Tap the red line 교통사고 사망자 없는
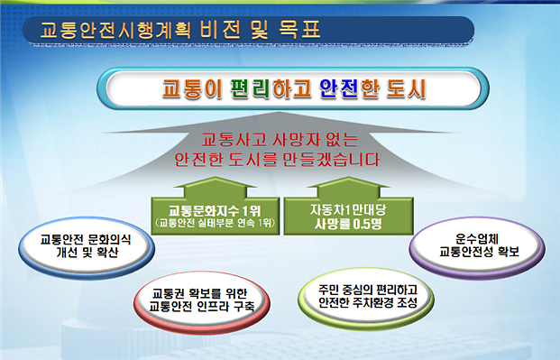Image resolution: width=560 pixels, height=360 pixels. [279, 141]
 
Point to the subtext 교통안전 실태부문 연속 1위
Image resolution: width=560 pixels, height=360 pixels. [207, 222]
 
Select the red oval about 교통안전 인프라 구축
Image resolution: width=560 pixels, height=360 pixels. [197, 297]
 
